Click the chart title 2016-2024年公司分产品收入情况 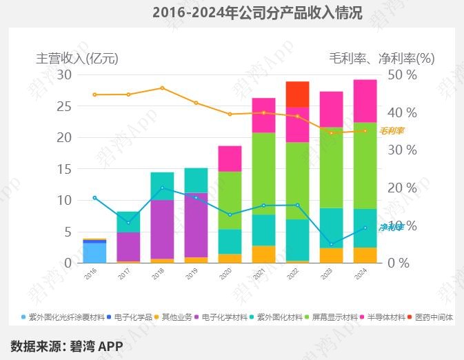point(256,12)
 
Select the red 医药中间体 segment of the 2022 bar point(297,94)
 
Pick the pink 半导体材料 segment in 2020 point(230,159)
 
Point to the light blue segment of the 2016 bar point(94,252)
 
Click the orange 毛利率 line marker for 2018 point(162,88)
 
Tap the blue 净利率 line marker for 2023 point(331,245)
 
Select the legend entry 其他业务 point(176,317)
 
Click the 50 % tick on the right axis point(403,74)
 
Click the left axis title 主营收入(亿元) point(77,59)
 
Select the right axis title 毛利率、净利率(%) point(381,59)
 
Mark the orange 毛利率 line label point(392,131)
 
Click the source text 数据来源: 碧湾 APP point(67,346)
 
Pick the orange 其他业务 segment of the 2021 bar point(263,254)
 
